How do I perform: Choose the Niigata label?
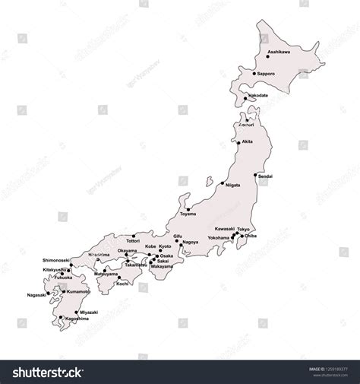tap(233, 185)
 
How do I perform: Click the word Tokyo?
tap(243, 229)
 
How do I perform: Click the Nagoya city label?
tap(191, 242)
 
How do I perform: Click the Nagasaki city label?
tap(36, 295)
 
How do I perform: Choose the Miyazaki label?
tap(88, 312)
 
